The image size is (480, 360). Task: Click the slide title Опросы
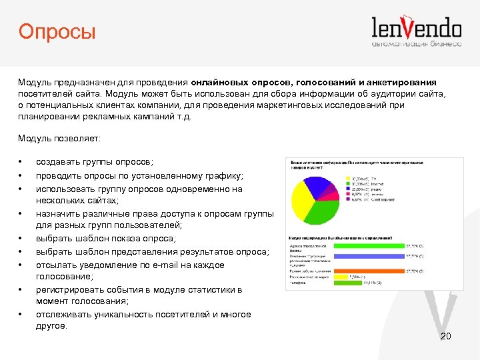coord(57,31)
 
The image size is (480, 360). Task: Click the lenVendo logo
coord(416,31)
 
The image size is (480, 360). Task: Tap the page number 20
coord(446,336)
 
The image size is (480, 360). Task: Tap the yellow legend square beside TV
coord(347,179)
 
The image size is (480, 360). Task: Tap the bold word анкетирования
coord(402,81)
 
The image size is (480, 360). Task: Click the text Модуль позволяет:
coord(59,138)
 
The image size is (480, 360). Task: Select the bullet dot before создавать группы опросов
coord(21,163)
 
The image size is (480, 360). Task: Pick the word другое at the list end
coord(51,326)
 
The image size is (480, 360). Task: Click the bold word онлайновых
coord(220,81)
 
